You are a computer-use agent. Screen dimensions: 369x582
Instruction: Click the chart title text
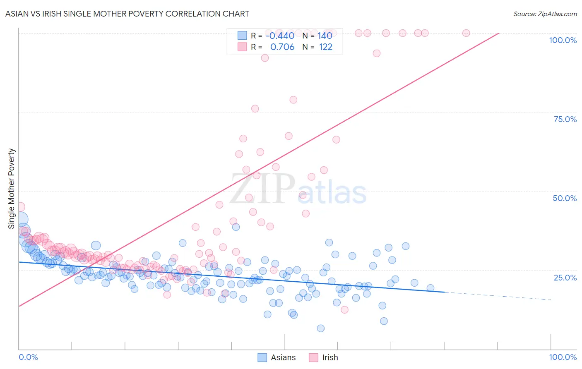click(127, 14)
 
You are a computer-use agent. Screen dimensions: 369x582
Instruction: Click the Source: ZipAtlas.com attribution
click(545, 14)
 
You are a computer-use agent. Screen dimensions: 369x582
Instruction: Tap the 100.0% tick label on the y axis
click(563, 40)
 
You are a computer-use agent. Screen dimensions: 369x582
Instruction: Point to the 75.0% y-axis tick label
click(565, 119)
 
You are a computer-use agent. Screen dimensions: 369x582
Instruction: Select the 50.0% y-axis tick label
click(565, 198)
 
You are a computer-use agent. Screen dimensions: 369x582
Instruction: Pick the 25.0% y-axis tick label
click(565, 277)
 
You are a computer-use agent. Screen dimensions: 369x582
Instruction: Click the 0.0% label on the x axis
click(28, 357)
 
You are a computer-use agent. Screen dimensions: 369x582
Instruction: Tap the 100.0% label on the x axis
click(563, 357)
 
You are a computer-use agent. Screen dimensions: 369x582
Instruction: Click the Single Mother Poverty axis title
click(12, 189)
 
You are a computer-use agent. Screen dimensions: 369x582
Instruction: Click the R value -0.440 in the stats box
click(279, 36)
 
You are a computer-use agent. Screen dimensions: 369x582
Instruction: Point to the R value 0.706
click(282, 47)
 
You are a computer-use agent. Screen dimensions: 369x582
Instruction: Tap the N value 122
click(325, 47)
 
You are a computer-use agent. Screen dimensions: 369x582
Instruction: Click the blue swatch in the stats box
click(242, 36)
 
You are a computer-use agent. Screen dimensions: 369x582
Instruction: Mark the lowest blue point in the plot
click(320, 328)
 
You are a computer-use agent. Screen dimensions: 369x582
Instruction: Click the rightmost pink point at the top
click(466, 33)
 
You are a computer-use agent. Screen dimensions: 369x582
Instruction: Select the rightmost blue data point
click(430, 288)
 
